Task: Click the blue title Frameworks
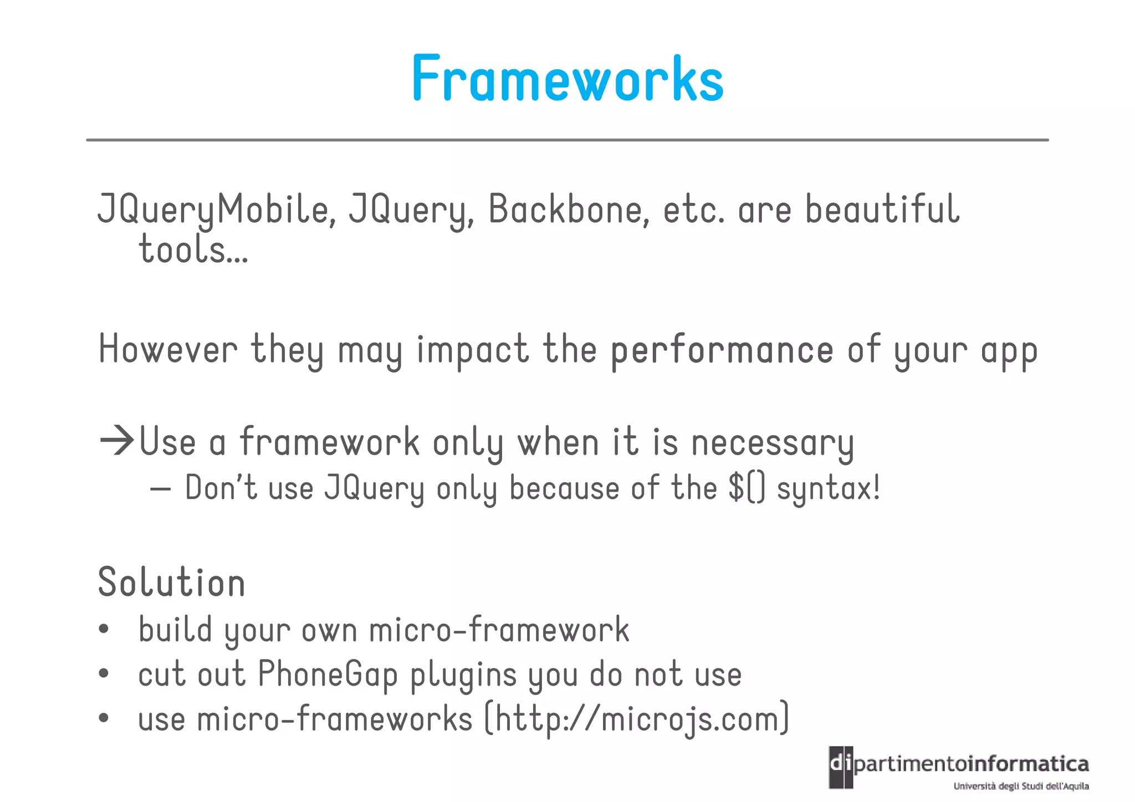(567, 79)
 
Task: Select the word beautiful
(881, 210)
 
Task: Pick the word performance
(722, 351)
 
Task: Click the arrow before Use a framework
(117, 441)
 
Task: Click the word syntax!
(828, 489)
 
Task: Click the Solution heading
(171, 583)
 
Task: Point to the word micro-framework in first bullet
(499, 630)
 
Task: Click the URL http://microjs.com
(637, 719)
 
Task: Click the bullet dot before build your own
(104, 630)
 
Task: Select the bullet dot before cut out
(104, 674)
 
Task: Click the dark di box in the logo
(841, 767)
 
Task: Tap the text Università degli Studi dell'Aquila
(1021, 786)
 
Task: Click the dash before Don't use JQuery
(160, 489)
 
